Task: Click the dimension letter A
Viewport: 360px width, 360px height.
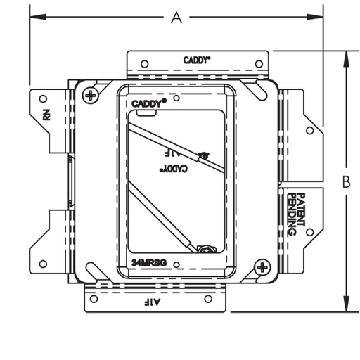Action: pyautogui.click(x=176, y=18)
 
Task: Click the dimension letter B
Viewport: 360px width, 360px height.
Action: pyautogui.click(x=346, y=181)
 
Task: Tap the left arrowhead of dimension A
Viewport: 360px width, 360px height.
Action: pyautogui.click(x=38, y=17)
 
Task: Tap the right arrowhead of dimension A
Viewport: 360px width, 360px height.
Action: pyautogui.click(x=315, y=17)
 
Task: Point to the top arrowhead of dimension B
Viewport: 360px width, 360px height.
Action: pyautogui.click(x=347, y=59)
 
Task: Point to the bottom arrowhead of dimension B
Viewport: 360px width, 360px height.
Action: pyautogui.click(x=347, y=304)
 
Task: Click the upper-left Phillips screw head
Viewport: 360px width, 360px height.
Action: pyautogui.click(x=90, y=96)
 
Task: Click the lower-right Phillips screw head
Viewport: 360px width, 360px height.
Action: pyautogui.click(x=262, y=267)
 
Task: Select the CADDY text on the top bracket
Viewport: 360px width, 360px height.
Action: pyautogui.click(x=196, y=60)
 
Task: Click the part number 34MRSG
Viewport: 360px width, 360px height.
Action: pyautogui.click(x=149, y=263)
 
